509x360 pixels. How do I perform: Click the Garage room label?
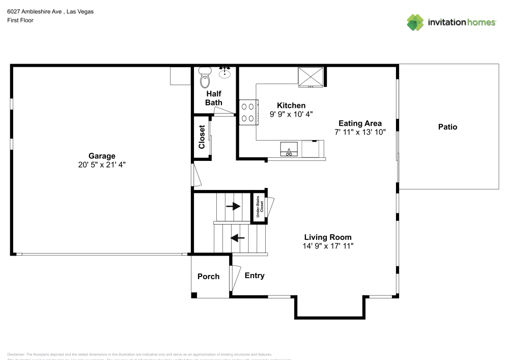coord(102,156)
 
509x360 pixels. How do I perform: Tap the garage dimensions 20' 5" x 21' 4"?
coord(102,165)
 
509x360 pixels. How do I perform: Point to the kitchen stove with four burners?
coord(248,113)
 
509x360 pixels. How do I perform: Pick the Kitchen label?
coord(291,105)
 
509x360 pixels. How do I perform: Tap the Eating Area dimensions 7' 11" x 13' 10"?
coord(360,132)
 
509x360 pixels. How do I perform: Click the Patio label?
coord(447,127)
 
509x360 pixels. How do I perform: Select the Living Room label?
coord(328,237)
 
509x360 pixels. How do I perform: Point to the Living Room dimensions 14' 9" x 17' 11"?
coord(328,246)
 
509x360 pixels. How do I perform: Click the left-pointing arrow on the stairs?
coord(238,237)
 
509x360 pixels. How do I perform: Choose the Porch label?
coord(208,276)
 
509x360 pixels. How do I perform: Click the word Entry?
coord(254,275)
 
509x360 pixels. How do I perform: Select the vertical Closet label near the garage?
coord(202,137)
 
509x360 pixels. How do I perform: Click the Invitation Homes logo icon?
coord(415,22)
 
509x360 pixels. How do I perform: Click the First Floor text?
coord(20,20)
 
